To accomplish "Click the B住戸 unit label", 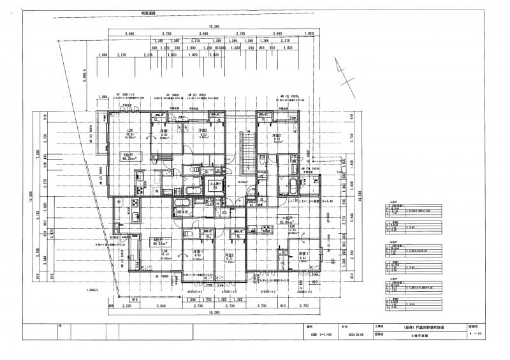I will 159,241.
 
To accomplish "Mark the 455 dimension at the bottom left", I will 111,306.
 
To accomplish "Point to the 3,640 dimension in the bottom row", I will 164,306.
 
